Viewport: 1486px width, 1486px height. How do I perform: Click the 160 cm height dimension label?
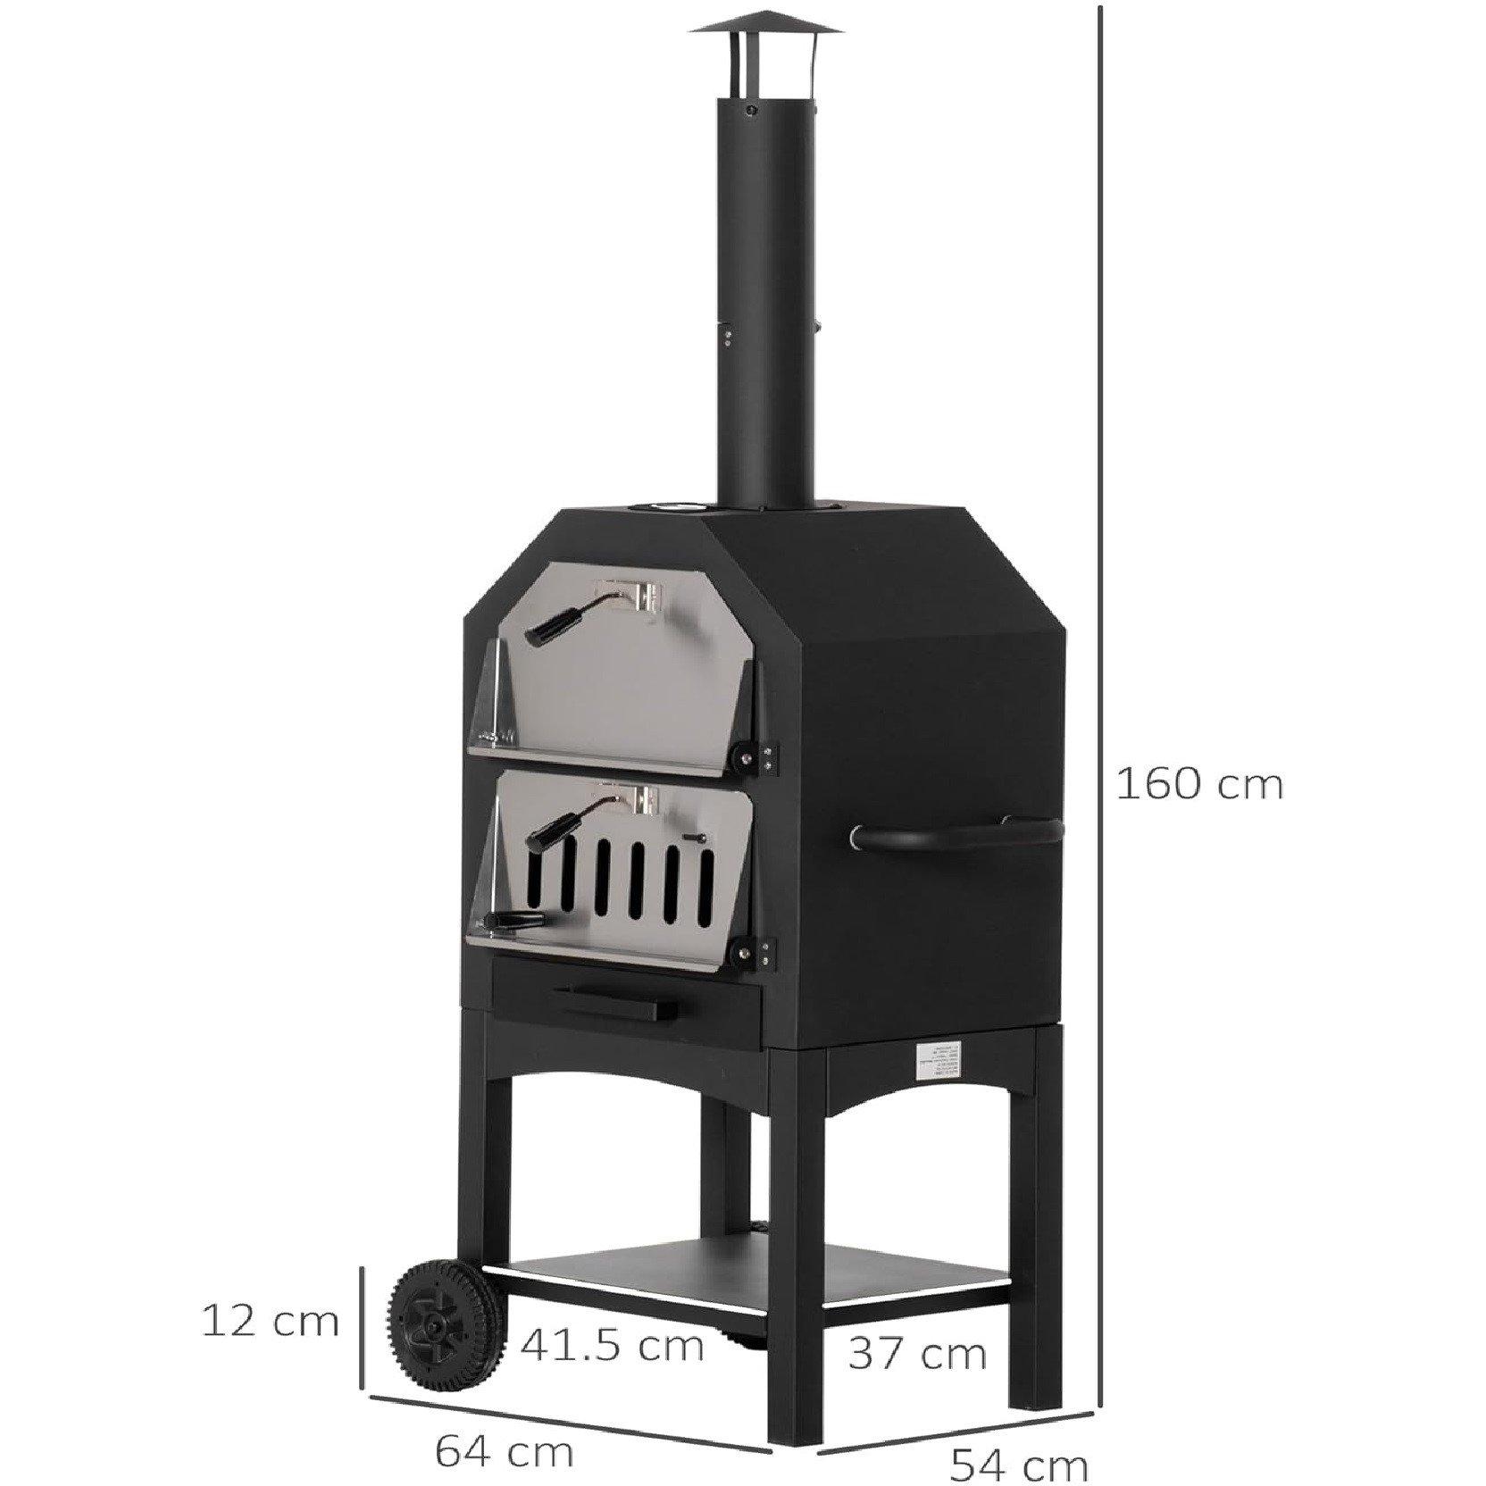(x=1200, y=785)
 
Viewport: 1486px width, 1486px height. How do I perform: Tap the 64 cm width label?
(x=504, y=1427)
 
